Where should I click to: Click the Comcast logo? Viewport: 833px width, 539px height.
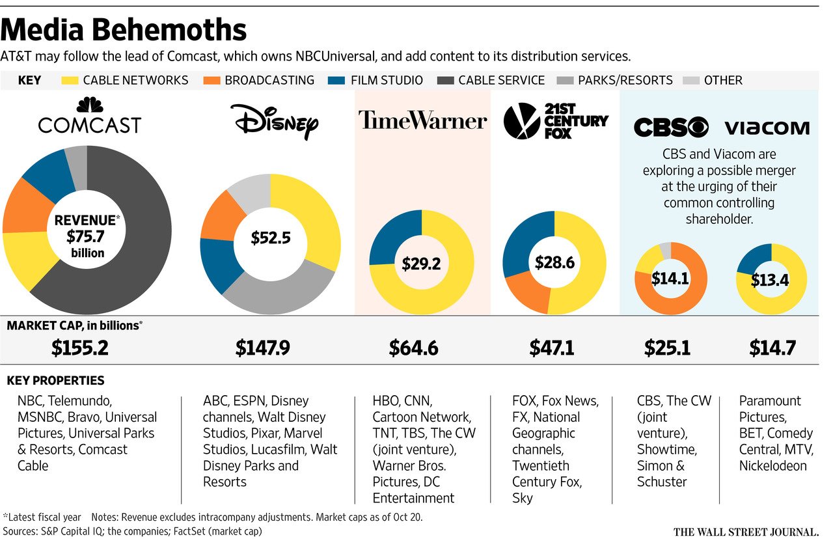[x=89, y=117]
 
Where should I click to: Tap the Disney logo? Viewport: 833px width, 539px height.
[x=273, y=120]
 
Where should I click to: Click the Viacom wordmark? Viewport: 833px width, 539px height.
[x=767, y=128]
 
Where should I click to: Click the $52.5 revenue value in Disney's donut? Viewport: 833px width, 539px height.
[x=270, y=238]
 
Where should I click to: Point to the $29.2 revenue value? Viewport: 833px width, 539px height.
[x=421, y=264]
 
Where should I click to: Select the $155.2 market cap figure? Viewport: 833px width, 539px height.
[x=79, y=348]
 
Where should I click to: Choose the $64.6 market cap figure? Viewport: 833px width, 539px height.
[x=413, y=348]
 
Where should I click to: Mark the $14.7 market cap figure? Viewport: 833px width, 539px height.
[x=772, y=348]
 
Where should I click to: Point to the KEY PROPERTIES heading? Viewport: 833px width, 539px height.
[x=55, y=381]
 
